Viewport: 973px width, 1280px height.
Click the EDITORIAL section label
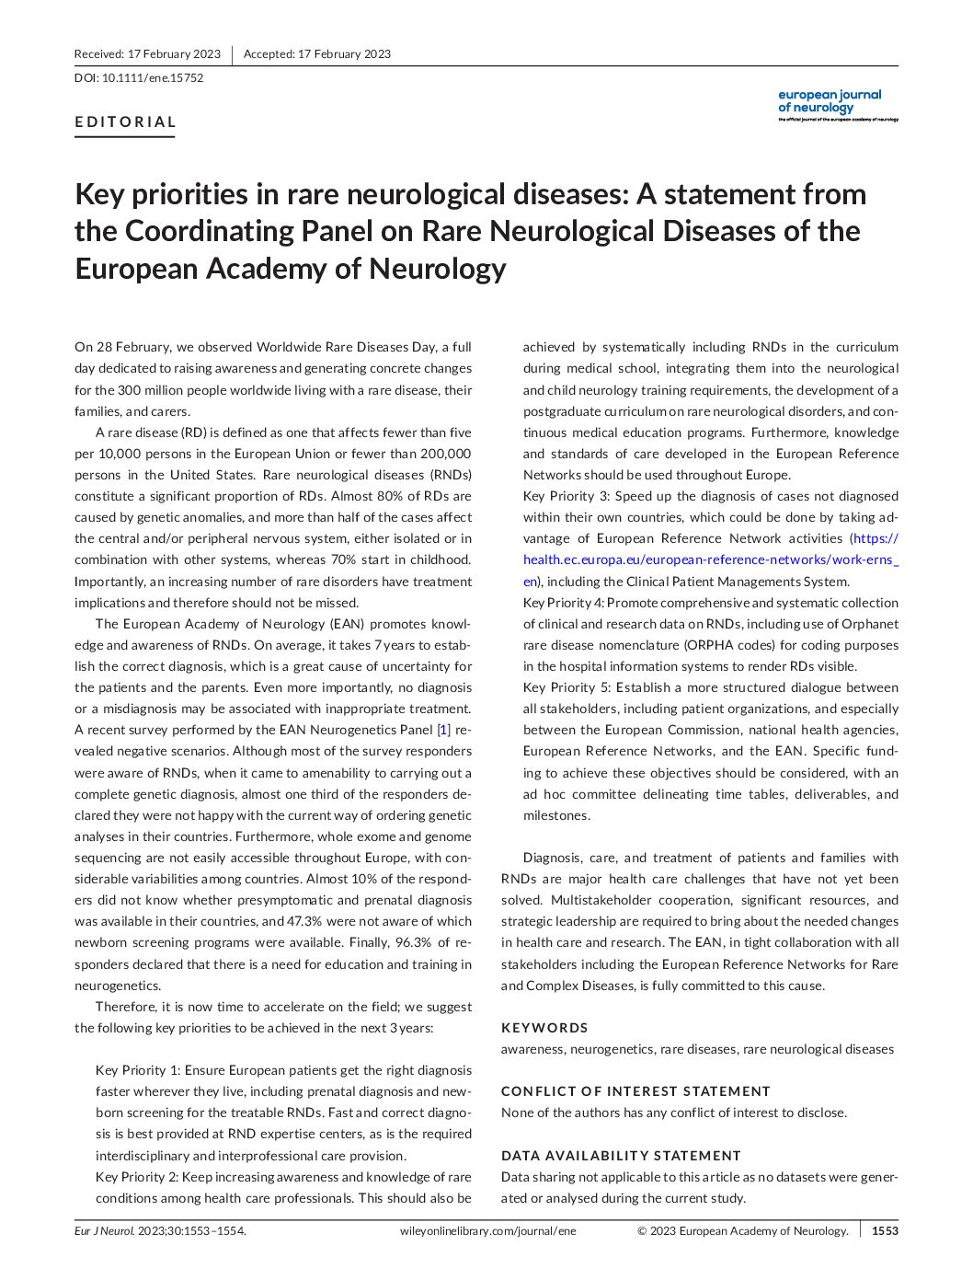[x=125, y=121]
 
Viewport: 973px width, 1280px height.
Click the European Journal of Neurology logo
[x=837, y=106]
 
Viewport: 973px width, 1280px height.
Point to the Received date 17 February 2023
[x=147, y=54]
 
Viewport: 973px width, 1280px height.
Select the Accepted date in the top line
[x=317, y=54]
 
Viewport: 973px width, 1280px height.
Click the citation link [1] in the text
[x=444, y=731]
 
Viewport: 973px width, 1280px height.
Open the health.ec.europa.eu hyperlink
[x=708, y=559]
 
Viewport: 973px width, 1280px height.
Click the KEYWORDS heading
[x=544, y=1028]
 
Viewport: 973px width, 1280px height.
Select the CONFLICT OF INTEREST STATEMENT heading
[x=635, y=1091]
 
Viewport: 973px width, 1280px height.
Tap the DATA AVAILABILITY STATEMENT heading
[x=621, y=1156]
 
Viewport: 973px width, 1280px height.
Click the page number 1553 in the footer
[x=885, y=1231]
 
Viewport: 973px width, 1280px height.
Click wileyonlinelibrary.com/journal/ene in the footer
[x=488, y=1231]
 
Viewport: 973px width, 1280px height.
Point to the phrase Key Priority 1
[x=137, y=1070]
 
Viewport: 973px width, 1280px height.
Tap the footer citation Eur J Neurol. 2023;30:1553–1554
[x=160, y=1231]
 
